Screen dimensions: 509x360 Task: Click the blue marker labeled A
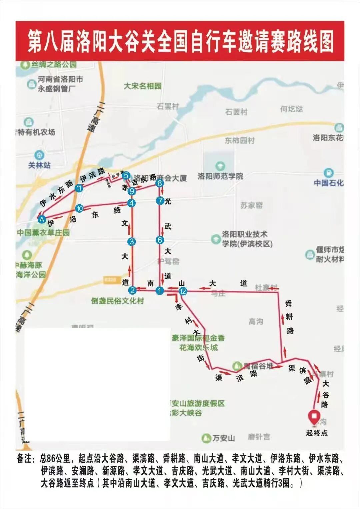pos(42,219)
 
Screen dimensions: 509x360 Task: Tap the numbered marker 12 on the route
pos(183,291)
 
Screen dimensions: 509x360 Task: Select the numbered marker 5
pos(126,175)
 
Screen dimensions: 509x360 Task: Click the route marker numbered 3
pos(132,242)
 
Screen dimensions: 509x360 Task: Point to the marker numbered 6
pos(160,240)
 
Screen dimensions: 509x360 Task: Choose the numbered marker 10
pos(79,209)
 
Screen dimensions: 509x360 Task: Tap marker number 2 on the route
pos(132,290)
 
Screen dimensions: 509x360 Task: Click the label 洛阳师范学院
pos(220,176)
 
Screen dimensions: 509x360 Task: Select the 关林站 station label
pos(39,165)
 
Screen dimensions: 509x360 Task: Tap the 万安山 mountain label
pos(224,438)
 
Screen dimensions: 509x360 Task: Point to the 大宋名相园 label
pos(143,86)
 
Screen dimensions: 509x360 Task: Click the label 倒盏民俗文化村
pos(117,301)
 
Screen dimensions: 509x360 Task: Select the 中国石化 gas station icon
pos(329,173)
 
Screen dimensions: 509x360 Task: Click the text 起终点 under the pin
pos(317,433)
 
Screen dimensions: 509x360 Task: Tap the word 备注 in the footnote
pos(26,459)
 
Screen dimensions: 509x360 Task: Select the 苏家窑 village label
pos(251,205)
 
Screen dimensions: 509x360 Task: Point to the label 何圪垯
pos(291,109)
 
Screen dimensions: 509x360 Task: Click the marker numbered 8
pos(160,183)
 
